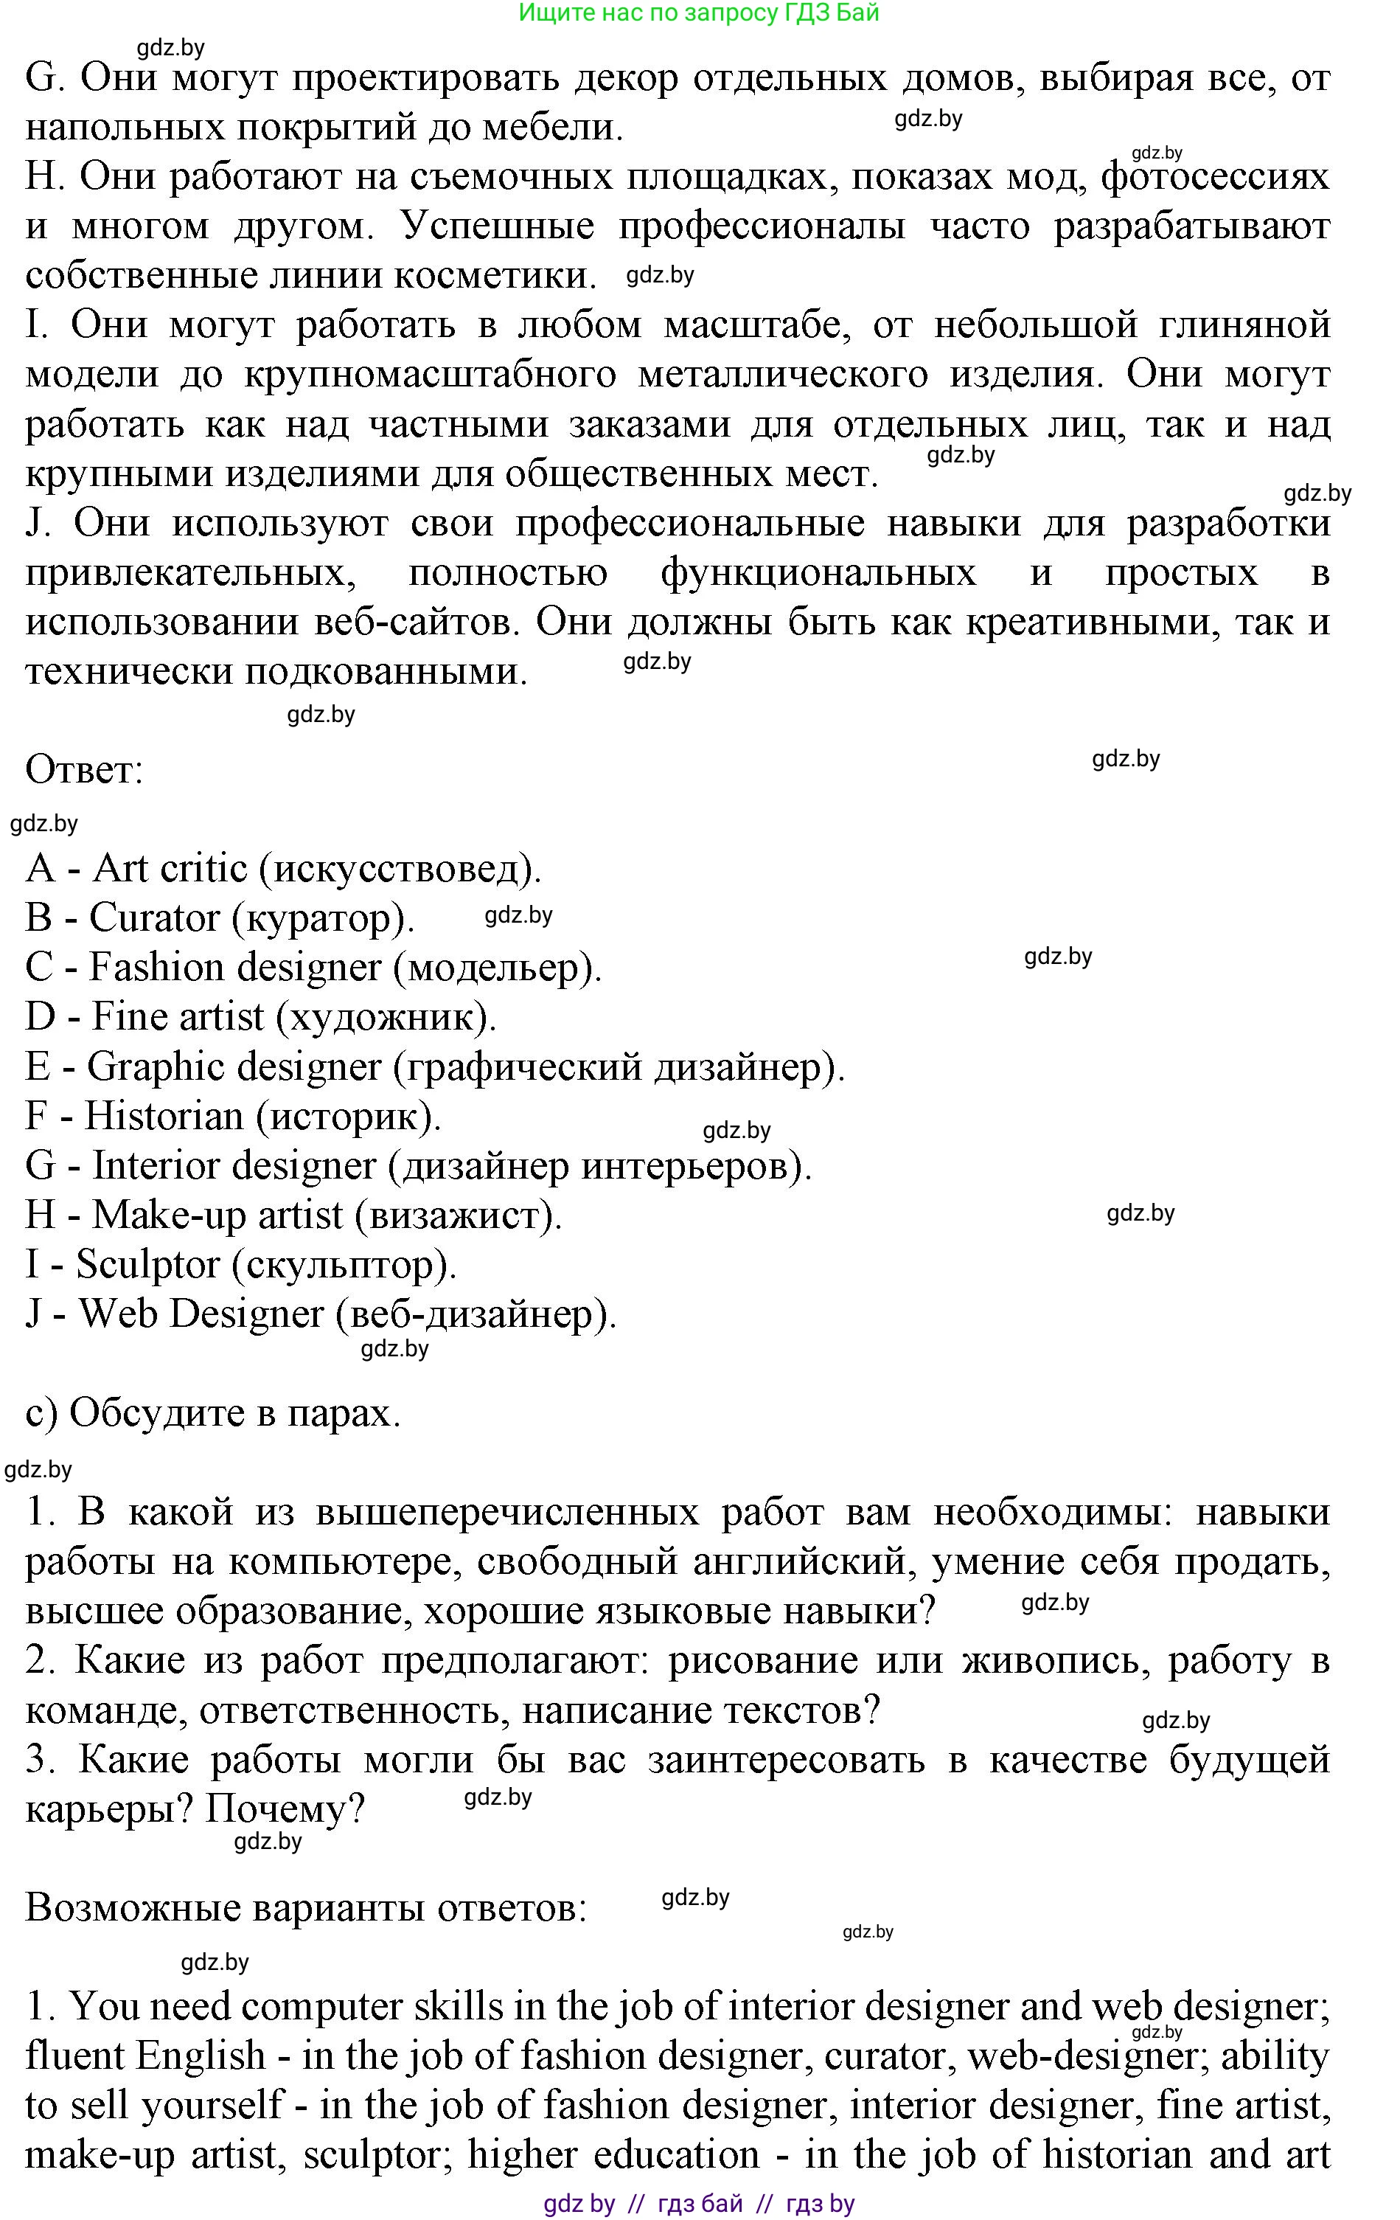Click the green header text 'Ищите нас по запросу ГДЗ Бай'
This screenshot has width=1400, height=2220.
tap(699, 13)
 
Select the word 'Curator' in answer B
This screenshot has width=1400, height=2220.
tap(154, 918)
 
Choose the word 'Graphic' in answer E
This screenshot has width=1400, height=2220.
tap(155, 1066)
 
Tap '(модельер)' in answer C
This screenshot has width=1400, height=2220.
tap(498, 968)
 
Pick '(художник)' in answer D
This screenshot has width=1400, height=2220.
tap(387, 1017)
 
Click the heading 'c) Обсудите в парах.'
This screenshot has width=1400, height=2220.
tap(213, 1413)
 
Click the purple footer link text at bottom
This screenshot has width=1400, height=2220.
tap(699, 2204)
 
